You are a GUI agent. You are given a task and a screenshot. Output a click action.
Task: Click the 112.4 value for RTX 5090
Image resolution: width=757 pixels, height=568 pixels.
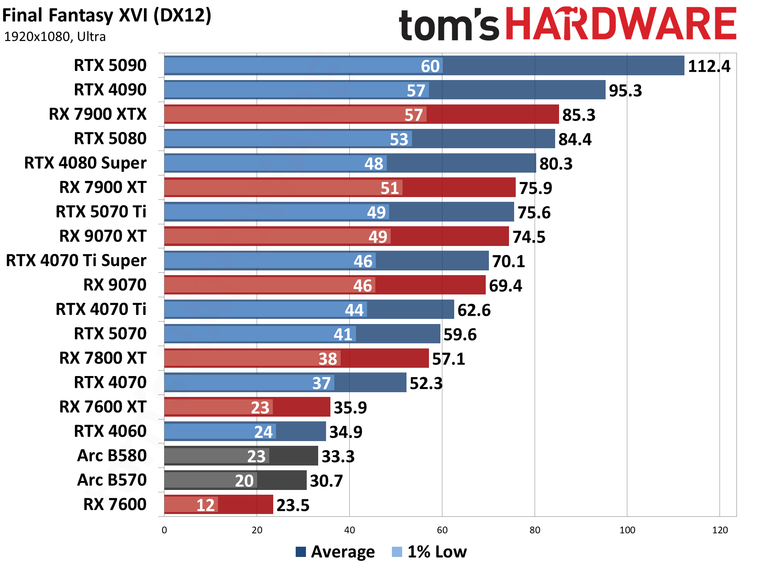pyautogui.click(x=709, y=66)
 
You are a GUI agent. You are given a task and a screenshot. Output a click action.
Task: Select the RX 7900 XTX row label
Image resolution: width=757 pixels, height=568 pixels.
pyautogui.click(x=97, y=114)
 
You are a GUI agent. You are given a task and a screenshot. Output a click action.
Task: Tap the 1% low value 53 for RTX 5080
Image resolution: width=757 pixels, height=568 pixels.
pyautogui.click(x=399, y=140)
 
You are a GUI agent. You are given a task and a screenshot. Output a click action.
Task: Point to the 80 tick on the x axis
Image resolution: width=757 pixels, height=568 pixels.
pyautogui.click(x=535, y=530)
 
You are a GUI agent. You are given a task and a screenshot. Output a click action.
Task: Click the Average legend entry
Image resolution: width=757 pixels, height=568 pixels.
pyautogui.click(x=336, y=552)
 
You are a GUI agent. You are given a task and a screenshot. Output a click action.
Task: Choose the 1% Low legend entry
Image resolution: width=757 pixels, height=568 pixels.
pyautogui.click(x=429, y=552)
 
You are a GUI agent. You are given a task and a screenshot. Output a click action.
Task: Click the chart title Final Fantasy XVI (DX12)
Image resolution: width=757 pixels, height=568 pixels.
pyautogui.click(x=107, y=16)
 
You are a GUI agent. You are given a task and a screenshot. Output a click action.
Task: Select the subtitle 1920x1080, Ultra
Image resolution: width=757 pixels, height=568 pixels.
pyautogui.click(x=55, y=37)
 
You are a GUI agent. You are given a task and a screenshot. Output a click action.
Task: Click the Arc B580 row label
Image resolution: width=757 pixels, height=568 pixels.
pyautogui.click(x=112, y=456)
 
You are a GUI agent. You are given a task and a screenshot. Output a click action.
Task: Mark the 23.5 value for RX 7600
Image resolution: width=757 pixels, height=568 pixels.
pyautogui.click(x=293, y=505)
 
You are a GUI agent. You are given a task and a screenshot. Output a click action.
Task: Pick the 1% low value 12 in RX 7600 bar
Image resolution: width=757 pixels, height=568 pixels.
pyautogui.click(x=205, y=505)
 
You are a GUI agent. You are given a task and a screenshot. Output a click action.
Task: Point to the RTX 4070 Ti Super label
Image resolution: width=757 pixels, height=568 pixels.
pyautogui.click(x=76, y=261)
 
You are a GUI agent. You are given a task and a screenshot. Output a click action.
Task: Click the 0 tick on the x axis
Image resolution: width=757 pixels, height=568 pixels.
pyautogui.click(x=164, y=530)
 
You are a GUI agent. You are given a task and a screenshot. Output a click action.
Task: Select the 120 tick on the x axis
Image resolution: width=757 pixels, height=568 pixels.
pyautogui.click(x=720, y=530)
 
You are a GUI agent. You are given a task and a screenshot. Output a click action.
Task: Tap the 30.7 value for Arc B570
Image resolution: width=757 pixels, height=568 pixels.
pyautogui.click(x=326, y=481)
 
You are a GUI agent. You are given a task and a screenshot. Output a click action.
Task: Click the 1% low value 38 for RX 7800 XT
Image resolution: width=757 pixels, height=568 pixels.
pyautogui.click(x=328, y=359)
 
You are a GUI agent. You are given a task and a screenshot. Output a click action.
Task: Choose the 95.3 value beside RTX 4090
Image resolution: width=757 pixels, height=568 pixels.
pyautogui.click(x=625, y=91)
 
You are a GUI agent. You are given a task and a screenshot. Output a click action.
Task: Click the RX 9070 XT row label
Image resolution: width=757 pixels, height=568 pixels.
pyautogui.click(x=103, y=236)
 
